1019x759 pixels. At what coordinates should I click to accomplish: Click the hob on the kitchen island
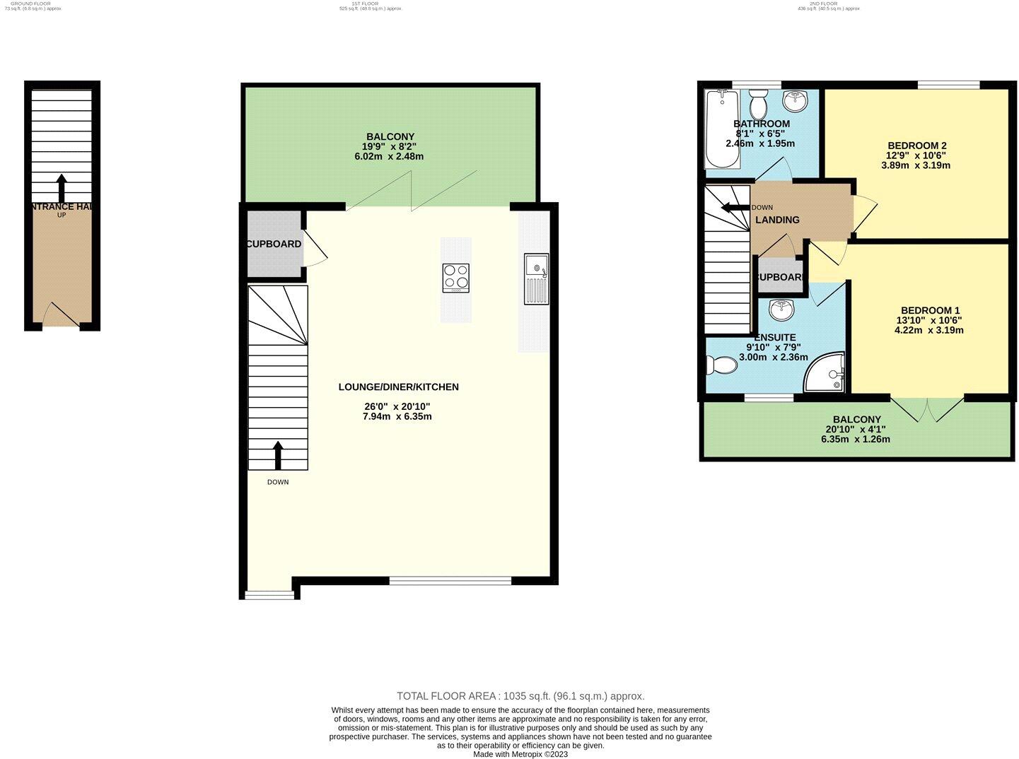[x=456, y=277]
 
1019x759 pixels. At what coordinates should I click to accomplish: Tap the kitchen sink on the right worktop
[x=536, y=278]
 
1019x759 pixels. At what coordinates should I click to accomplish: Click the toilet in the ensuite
[x=721, y=365]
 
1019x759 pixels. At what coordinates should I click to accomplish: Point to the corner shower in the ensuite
[x=825, y=372]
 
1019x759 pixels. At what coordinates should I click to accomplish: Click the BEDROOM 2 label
[x=916, y=146]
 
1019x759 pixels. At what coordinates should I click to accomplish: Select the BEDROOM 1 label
[x=930, y=310]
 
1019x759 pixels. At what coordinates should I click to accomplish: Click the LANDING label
[x=777, y=220]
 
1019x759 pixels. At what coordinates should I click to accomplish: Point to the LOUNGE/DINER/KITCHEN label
[x=398, y=387]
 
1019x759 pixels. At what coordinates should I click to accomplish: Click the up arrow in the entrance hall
[x=62, y=188]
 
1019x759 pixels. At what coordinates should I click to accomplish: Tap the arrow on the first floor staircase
[x=278, y=455]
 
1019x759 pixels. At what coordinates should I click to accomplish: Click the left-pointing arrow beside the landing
[x=734, y=207]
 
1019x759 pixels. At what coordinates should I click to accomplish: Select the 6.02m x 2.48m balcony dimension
[x=389, y=156]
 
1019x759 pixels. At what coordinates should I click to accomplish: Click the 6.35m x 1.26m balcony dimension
[x=856, y=439]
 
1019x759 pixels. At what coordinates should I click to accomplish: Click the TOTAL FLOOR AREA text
[x=520, y=696]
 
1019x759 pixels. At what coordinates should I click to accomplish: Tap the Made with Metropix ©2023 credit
[x=520, y=754]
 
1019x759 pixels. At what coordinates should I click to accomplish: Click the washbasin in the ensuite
[x=781, y=309]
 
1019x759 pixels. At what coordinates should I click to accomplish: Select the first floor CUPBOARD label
[x=274, y=244]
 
